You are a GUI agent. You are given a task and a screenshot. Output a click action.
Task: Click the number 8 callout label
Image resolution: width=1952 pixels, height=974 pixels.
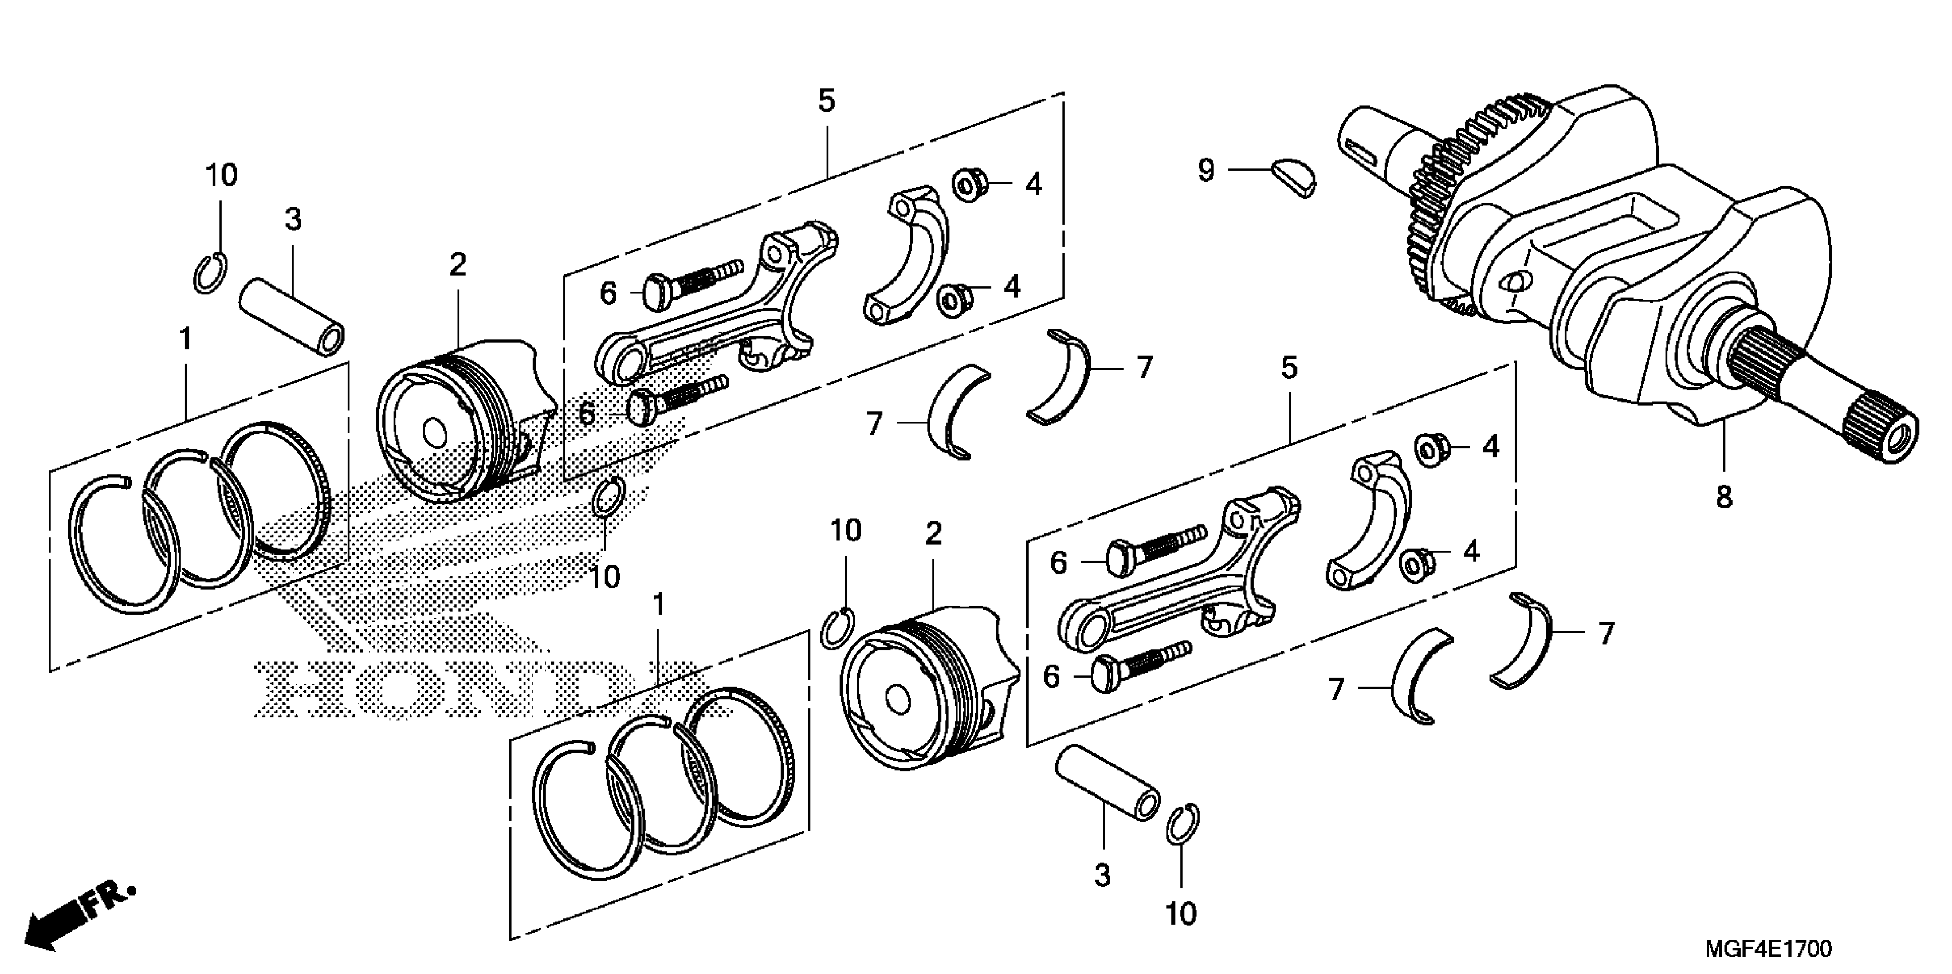tap(1724, 498)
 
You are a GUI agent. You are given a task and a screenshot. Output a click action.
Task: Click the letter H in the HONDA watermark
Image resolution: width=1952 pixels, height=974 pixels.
tap(296, 688)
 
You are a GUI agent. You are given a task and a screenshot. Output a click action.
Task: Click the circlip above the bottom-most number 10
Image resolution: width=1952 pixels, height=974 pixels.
tap(1182, 823)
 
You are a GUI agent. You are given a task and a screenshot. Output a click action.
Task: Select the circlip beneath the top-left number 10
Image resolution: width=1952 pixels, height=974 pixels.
tap(209, 273)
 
